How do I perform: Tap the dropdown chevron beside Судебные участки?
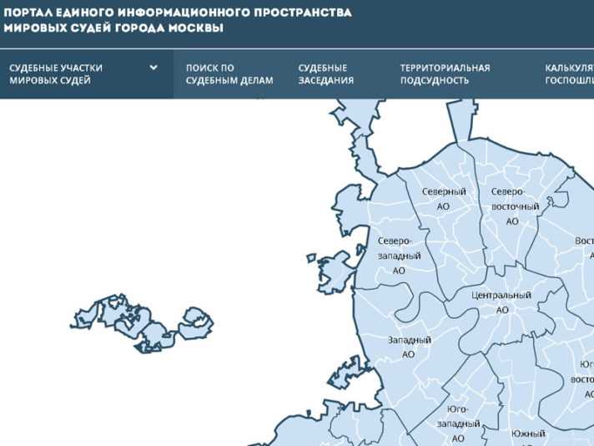[x=154, y=68]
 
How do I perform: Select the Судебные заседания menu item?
[x=326, y=73]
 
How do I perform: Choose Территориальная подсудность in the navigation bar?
[x=445, y=73]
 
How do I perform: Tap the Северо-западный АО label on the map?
[x=399, y=256]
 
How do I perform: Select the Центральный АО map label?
[x=501, y=302]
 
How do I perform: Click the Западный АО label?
[x=409, y=347]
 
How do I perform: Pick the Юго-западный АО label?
[x=458, y=423]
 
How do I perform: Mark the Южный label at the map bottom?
[x=527, y=434]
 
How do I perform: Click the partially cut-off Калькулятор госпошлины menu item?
[x=569, y=73]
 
